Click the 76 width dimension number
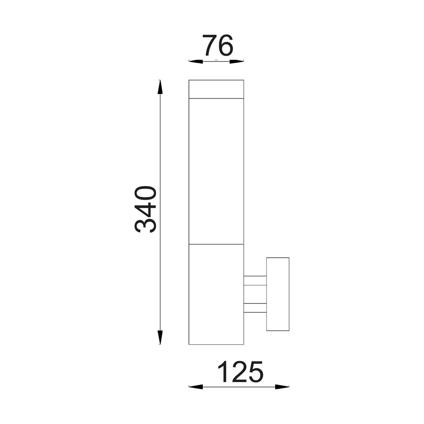pos(218,46)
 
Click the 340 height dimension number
pos(145,210)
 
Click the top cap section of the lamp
pos(216,89)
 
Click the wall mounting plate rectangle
pos(278,294)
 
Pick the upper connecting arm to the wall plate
pos(255,280)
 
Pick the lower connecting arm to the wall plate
pos(255,308)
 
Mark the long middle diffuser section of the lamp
pos(216,171)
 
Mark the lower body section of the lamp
pos(216,293)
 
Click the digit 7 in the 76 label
pos(210,46)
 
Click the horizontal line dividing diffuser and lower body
pos(216,243)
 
